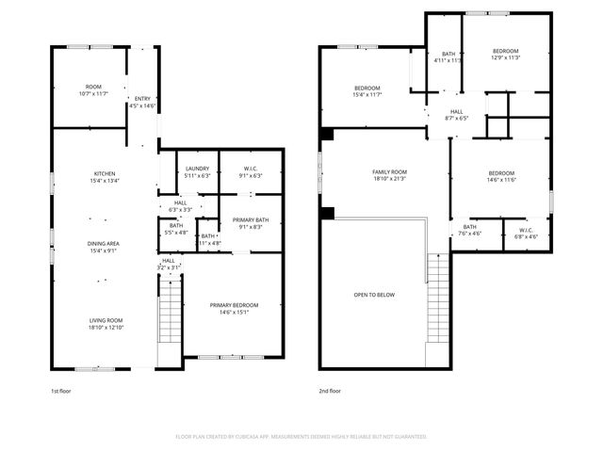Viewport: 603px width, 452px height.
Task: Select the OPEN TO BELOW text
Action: point(374,295)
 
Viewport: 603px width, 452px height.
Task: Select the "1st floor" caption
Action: point(61,390)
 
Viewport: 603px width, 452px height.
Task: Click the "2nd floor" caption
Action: point(330,390)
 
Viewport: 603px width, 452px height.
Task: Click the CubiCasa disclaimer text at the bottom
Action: point(301,437)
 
